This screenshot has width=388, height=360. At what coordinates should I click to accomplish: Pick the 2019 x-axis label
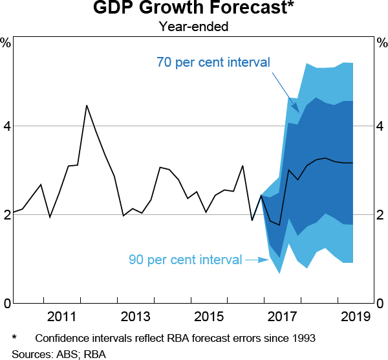[x=354, y=317]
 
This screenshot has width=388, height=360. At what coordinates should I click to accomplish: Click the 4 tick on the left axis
[x=6, y=126]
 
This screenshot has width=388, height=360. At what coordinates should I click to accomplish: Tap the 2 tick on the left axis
[x=6, y=214]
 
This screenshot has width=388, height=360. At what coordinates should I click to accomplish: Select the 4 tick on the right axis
[x=382, y=126]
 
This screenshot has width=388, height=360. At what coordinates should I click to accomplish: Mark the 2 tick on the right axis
[x=382, y=214]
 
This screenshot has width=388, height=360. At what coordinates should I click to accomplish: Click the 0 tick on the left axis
[x=6, y=303]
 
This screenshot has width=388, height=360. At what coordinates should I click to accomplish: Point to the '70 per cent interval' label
[x=213, y=63]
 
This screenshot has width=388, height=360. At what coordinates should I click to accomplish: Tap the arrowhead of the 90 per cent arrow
[x=266, y=260]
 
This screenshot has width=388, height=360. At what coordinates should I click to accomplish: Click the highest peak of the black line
[x=87, y=106]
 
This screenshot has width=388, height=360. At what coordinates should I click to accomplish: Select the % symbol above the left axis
[x=6, y=43]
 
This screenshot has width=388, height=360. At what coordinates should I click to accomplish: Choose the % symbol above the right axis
[x=382, y=43]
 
